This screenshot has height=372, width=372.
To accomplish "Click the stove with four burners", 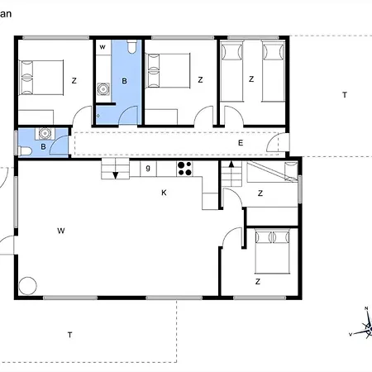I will [x=184, y=169].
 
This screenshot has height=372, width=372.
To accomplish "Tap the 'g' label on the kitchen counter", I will [x=148, y=169].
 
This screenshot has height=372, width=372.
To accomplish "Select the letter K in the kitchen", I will [x=165, y=193].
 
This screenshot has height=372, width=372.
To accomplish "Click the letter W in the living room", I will [x=60, y=231].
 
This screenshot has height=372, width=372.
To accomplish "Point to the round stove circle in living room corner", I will [x=28, y=284].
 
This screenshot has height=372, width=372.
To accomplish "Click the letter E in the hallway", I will [x=241, y=144].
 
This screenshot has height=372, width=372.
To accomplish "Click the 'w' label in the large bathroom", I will [x=102, y=48].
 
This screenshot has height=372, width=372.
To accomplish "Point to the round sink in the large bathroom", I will [x=103, y=89].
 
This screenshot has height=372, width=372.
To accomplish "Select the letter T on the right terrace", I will [x=344, y=95].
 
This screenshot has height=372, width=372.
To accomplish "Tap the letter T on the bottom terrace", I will [x=70, y=334].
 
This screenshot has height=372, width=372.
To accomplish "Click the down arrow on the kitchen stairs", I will [x=115, y=173].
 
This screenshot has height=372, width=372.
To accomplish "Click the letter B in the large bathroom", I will [x=124, y=80].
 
